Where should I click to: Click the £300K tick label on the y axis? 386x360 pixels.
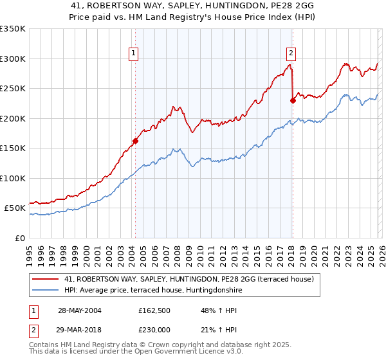(x=12, y=59)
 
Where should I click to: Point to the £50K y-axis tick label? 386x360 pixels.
(x=15, y=208)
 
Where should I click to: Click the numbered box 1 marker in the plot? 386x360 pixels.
(x=134, y=53)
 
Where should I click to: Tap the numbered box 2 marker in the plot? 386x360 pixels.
(x=291, y=53)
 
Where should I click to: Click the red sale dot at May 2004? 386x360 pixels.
(x=136, y=141)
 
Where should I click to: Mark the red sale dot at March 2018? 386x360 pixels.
(x=293, y=100)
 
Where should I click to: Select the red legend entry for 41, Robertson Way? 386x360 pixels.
(x=188, y=279)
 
